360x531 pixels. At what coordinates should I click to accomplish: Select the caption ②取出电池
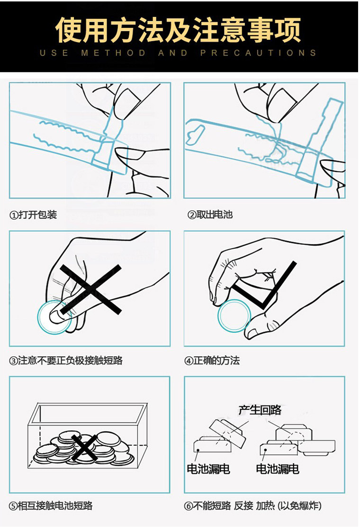[x=210, y=215]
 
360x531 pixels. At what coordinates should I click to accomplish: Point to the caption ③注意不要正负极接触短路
[x=66, y=360]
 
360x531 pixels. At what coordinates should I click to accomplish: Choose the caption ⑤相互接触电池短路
[x=51, y=506]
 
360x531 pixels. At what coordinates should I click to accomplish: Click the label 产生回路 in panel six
[x=260, y=410]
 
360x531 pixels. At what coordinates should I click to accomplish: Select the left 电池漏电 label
[x=208, y=469]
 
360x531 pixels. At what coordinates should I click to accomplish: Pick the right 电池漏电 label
[x=278, y=469]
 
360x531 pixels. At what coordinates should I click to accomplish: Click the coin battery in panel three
[x=54, y=317]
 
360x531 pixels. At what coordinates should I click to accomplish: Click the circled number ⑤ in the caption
[x=13, y=506]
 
